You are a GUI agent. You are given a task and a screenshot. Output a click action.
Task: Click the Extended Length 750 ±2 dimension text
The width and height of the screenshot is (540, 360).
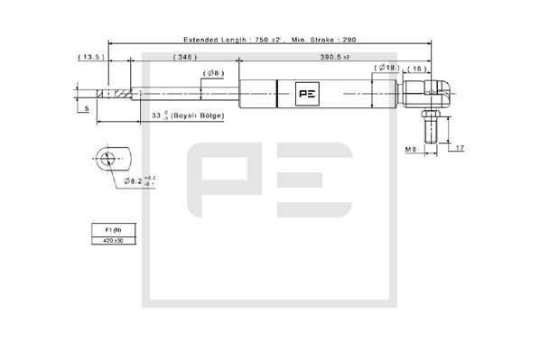point(219,41)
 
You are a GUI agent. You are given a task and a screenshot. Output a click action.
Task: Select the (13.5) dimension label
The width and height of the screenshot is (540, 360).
point(91,56)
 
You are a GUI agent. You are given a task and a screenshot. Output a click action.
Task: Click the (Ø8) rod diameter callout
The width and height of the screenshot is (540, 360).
point(213,72)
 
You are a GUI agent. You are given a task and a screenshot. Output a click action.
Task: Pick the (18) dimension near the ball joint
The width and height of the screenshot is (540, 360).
point(418,68)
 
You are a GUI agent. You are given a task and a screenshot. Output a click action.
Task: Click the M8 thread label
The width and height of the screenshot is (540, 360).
point(408,149)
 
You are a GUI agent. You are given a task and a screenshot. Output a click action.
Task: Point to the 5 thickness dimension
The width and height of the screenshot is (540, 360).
point(87,108)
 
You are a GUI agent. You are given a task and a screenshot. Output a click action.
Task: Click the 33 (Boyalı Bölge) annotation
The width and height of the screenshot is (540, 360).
point(186,116)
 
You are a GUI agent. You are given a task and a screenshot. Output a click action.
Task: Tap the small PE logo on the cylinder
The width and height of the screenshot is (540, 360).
point(305,92)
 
